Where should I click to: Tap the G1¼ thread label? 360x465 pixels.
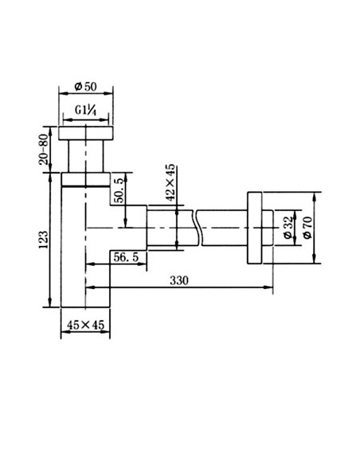[x=87, y=111]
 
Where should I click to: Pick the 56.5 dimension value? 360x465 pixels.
[x=127, y=256]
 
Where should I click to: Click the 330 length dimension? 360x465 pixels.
[x=181, y=281]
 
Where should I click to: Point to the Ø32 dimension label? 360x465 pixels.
[x=288, y=226]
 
